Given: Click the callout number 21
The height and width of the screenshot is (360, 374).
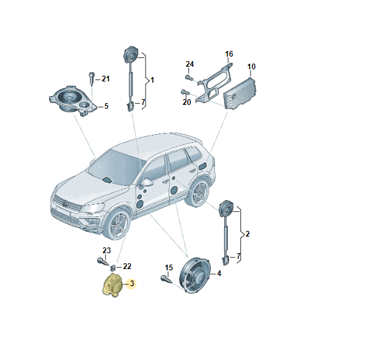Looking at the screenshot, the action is click(106, 79).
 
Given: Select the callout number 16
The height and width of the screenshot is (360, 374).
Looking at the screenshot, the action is click(229, 54).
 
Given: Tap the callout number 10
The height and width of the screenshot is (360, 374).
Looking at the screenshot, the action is click(251, 67).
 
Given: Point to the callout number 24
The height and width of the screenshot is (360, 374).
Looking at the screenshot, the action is click(190, 64).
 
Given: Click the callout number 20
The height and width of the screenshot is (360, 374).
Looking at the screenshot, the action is click(187, 102).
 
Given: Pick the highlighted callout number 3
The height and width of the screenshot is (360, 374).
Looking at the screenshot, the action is click(132, 284).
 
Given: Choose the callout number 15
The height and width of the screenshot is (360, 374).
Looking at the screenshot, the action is click(169, 267).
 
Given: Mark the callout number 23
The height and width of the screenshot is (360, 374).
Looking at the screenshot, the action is click(107, 250).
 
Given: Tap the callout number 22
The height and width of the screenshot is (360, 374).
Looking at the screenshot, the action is click(127, 267).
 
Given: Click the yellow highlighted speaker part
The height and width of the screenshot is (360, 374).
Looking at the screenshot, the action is click(112, 286).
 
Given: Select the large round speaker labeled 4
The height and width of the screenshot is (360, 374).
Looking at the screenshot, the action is click(195, 275).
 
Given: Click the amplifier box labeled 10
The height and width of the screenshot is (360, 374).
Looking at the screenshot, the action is click(239, 93).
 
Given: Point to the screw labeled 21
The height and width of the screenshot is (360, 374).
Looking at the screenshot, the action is click(92, 78).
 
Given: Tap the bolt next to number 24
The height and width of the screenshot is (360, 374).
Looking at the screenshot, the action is click(188, 78).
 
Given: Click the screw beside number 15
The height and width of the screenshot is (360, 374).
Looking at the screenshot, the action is click(166, 279).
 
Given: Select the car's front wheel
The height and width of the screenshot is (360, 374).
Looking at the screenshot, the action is click(117, 225).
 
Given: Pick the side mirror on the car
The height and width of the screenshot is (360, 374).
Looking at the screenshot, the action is click(146, 183).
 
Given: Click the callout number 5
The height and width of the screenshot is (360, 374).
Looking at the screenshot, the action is click(106, 106).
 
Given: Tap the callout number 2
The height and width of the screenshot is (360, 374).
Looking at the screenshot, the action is click(247, 234).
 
